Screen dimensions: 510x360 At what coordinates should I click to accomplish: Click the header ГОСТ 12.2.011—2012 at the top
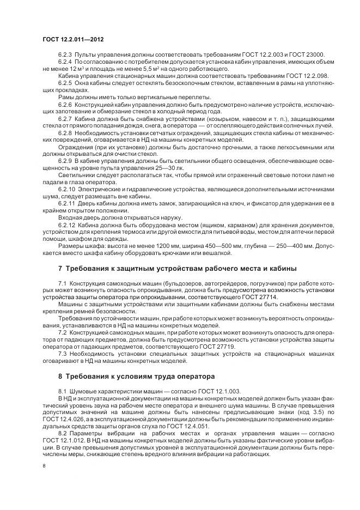pyautogui.click(x=73, y=40)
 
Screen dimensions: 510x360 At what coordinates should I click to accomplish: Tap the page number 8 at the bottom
pyautogui.click(x=44, y=465)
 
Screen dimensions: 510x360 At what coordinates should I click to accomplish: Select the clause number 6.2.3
pyautogui.click(x=65, y=55)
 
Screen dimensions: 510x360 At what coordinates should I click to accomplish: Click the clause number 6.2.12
pyautogui.click(x=66, y=225)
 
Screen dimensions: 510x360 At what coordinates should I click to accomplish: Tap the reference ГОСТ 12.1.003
pyautogui.click(x=197, y=391)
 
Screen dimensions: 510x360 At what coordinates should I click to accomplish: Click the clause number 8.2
pyautogui.click(x=62, y=433)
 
